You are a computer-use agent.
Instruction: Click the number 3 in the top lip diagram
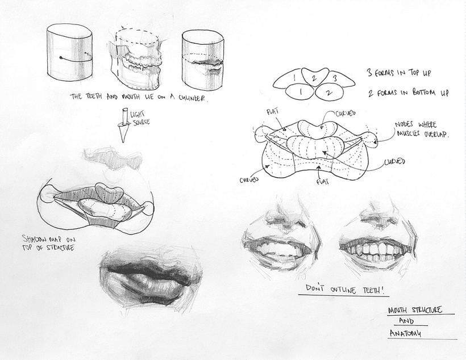click(x=335, y=77)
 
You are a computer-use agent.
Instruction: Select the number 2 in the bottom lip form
click(x=327, y=90)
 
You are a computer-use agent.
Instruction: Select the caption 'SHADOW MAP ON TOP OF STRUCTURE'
click(x=49, y=242)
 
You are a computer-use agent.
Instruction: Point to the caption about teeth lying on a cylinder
click(x=139, y=98)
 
